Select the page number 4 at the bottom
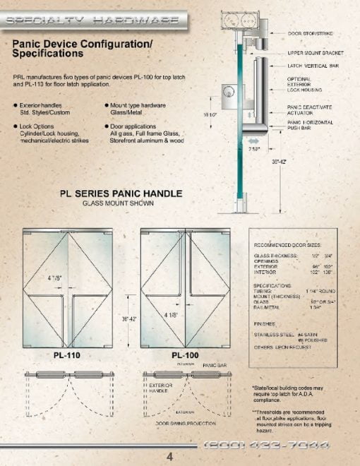click(x=169, y=455)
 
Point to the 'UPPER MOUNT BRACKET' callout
click(x=315, y=53)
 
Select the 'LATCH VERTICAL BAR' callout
click(x=311, y=66)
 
